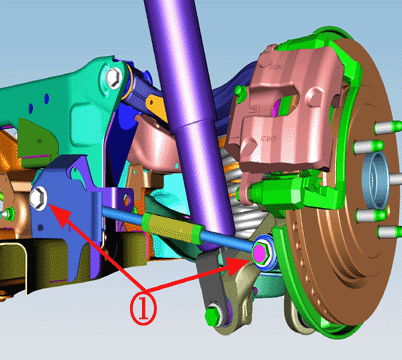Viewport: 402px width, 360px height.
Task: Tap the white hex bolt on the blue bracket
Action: (x=38, y=198)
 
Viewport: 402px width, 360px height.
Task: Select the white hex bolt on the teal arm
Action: (x=114, y=78)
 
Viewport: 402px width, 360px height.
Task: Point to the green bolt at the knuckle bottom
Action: (x=212, y=315)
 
